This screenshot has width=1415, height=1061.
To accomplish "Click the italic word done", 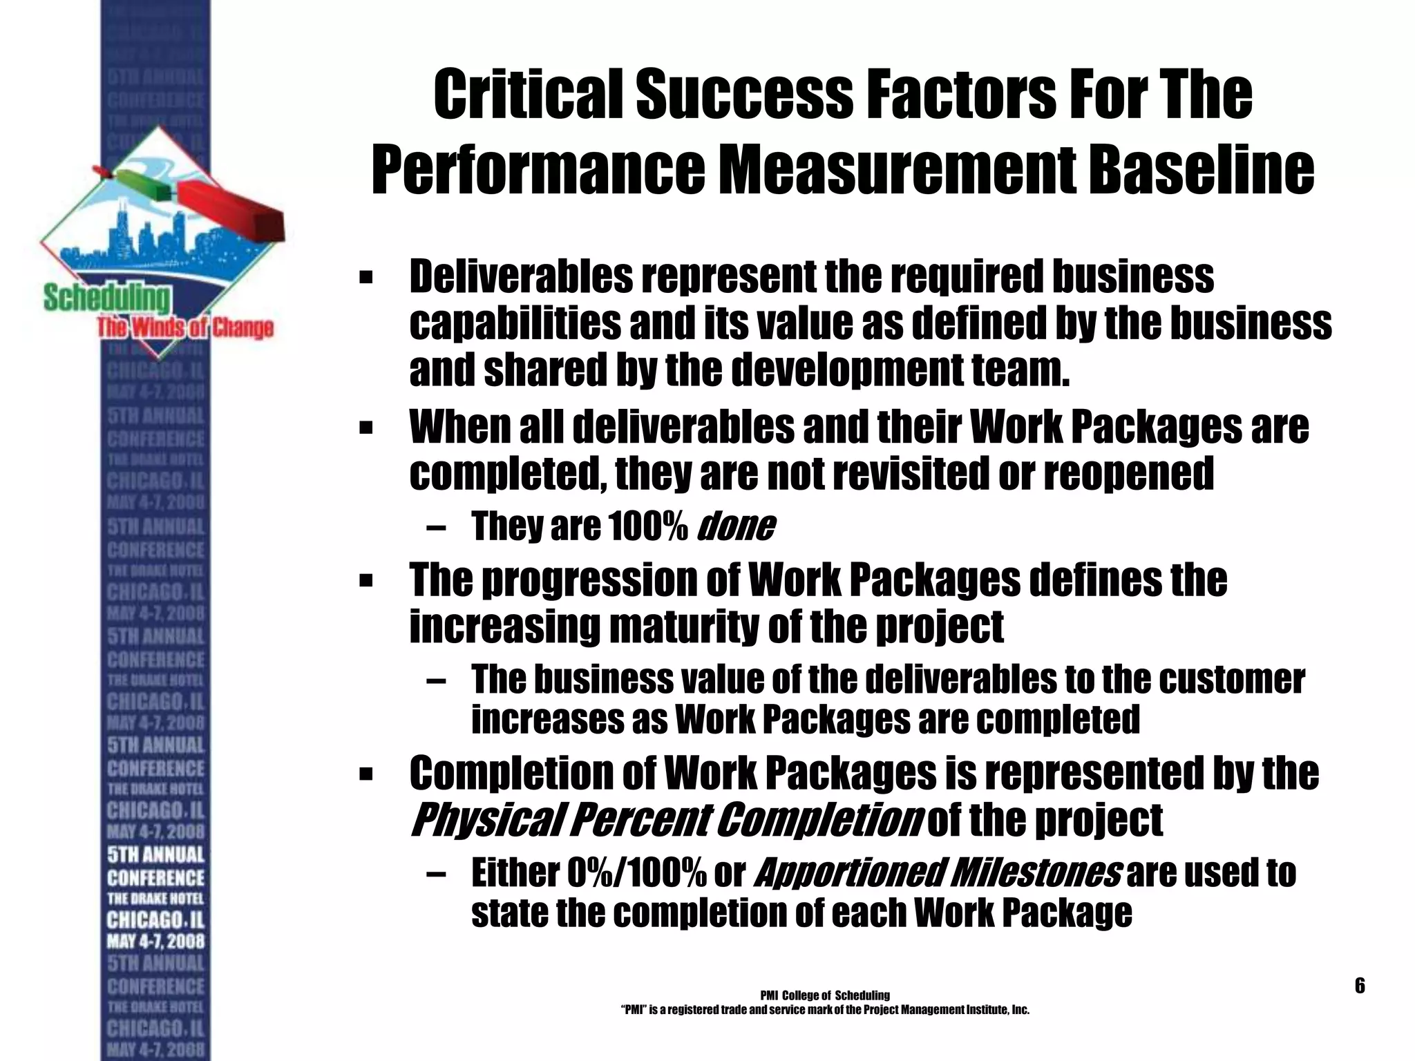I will tap(737, 528).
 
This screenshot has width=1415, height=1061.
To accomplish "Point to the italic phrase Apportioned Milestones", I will tap(938, 874).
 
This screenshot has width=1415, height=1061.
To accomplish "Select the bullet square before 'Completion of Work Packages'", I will tap(366, 774).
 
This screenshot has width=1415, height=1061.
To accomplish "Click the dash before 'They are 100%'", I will tap(437, 529).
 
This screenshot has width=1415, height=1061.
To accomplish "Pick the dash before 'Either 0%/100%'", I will tap(437, 875).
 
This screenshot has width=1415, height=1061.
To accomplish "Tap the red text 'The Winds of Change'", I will tap(184, 327).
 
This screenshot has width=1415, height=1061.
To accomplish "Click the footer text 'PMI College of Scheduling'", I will tap(824, 995).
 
